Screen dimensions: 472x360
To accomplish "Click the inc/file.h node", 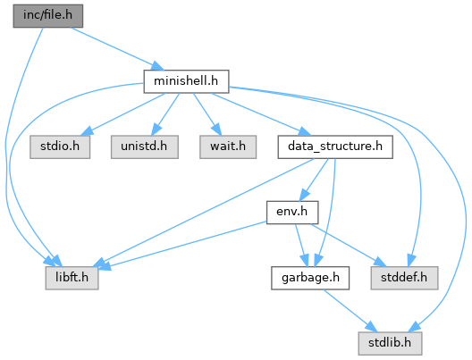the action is click(48, 16).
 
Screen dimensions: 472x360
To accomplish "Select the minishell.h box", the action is click(186, 81).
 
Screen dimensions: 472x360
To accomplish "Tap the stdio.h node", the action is click(60, 147).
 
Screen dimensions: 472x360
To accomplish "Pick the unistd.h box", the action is click(145, 147).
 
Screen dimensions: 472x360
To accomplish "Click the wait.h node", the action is click(228, 147).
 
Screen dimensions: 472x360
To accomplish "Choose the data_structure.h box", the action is click(335, 147).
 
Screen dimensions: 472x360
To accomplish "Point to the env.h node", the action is click(292, 213).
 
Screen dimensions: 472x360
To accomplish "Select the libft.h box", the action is click(72, 278).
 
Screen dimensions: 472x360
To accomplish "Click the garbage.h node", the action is click(310, 278).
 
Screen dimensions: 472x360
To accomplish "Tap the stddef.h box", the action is click(404, 278).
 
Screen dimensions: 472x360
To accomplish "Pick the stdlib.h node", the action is click(390, 343).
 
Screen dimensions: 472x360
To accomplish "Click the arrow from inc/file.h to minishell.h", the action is click(117, 49).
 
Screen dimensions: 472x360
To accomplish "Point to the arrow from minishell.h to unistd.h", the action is click(165, 114).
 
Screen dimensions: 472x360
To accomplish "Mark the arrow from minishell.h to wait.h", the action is click(207, 114).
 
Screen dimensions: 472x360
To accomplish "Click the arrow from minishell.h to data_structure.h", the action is click(260, 114).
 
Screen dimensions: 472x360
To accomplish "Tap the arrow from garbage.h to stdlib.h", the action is click(350, 311).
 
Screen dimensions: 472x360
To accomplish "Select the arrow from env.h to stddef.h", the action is click(349, 245).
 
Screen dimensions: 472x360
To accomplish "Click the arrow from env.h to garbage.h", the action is click(301, 245).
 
